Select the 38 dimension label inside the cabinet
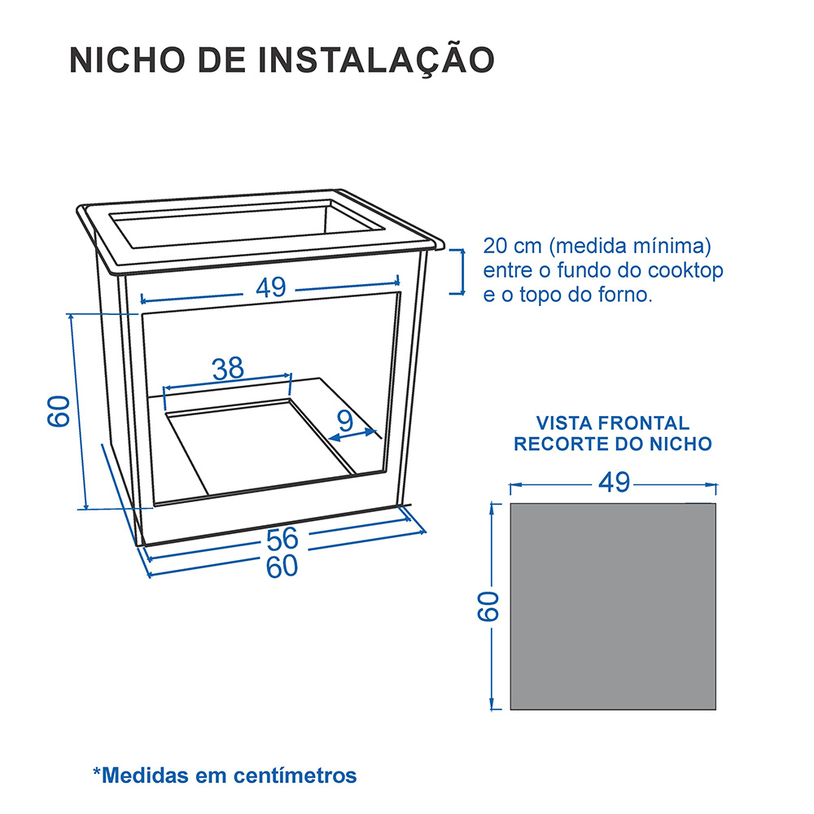[x=228, y=369]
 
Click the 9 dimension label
[x=345, y=421]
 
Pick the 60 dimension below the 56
[x=282, y=566]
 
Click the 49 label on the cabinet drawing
[x=271, y=287]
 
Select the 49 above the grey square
[x=614, y=483]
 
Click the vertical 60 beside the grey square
[x=487, y=606]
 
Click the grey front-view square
[x=613, y=606]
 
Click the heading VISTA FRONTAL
[x=612, y=423]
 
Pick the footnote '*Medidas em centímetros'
[x=225, y=775]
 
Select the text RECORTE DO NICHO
[x=613, y=444]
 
